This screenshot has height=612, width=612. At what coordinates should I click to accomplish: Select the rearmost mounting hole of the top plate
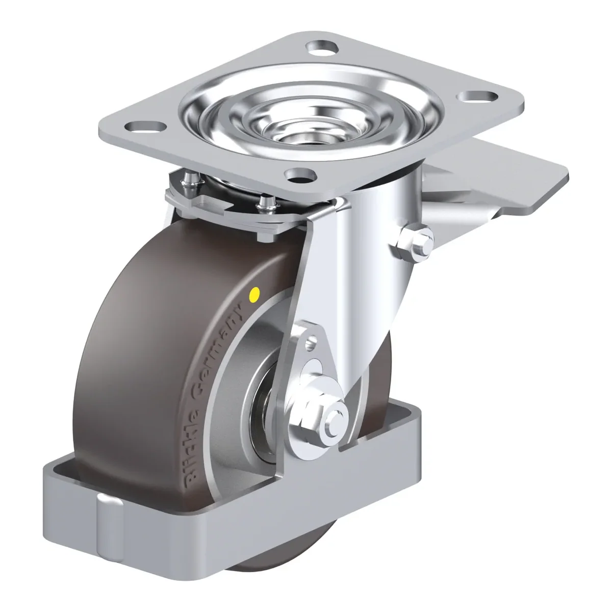point(322,47)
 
